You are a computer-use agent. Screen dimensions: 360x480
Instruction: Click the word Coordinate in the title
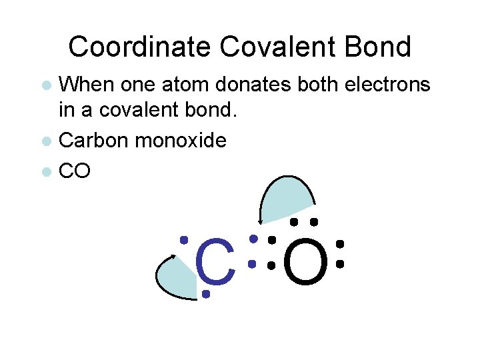coord(141,47)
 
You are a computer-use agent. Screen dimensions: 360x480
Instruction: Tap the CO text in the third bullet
coord(75,171)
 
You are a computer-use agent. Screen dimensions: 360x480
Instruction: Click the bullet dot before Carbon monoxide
coord(46,141)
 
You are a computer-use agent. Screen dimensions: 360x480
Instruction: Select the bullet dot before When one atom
coord(46,85)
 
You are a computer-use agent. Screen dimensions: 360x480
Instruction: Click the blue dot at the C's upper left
coord(184,239)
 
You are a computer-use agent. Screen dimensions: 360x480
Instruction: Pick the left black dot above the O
coord(293,222)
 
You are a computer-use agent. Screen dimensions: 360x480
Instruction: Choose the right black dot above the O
coord(314,222)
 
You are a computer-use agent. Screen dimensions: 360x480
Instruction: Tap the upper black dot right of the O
coord(339,244)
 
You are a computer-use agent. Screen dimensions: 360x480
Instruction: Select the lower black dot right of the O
coord(339,264)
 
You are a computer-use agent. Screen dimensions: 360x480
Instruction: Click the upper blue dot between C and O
coord(253,238)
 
